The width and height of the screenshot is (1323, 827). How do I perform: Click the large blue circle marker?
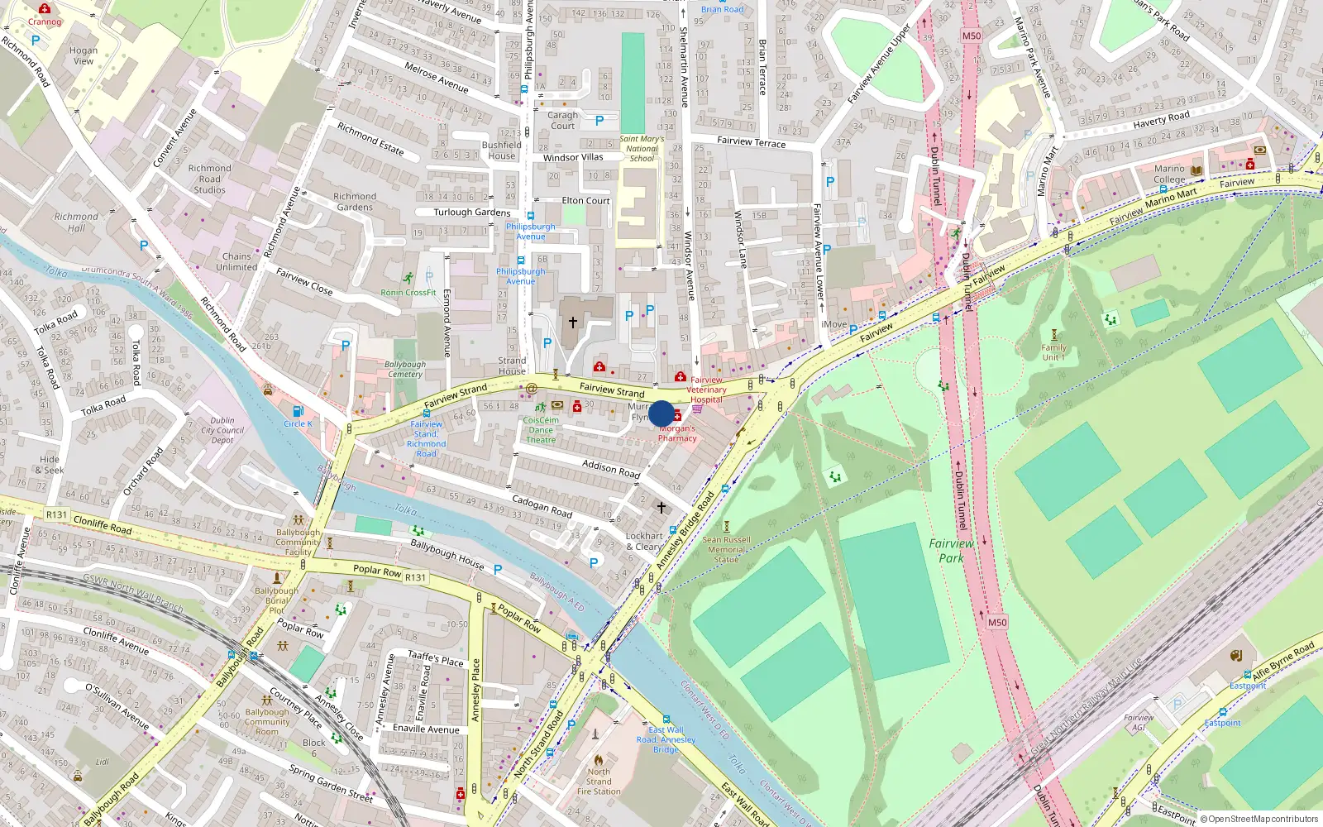pos(661,413)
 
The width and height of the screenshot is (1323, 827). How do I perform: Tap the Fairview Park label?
pos(951,550)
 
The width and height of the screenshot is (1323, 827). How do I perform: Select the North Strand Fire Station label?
pos(599,782)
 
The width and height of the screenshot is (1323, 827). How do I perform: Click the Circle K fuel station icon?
pos(298,411)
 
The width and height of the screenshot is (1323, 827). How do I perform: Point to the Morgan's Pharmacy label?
pos(677,433)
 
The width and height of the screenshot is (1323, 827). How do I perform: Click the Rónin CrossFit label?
pos(408,293)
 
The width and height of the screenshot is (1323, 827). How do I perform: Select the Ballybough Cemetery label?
pos(405,369)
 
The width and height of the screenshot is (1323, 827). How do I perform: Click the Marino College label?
pos(1169,174)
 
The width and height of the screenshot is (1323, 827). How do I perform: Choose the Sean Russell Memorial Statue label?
pos(726,549)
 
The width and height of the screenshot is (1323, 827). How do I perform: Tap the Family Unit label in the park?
pos(1053,352)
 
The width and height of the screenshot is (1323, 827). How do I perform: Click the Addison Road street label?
pos(611,469)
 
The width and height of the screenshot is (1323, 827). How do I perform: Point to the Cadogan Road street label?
pos(542,505)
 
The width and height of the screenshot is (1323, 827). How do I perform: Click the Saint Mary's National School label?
pos(642,149)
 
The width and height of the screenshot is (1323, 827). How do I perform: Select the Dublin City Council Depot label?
pos(222,430)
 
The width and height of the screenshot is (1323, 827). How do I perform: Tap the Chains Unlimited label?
pos(236,261)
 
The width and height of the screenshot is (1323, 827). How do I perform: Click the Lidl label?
pos(102,762)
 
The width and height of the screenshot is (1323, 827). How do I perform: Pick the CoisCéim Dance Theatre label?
pos(541,430)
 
